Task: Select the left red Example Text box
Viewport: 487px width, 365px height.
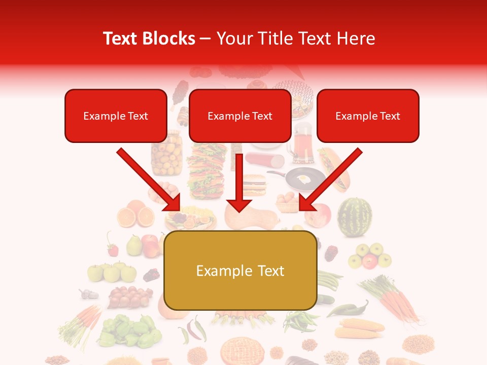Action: [116, 116]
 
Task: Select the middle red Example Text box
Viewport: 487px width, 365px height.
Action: [240, 116]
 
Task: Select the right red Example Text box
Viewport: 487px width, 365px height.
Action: [368, 116]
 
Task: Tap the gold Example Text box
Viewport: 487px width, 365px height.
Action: [240, 271]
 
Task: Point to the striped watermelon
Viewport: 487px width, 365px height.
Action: [355, 217]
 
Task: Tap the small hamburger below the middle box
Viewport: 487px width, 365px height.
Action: [254, 185]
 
